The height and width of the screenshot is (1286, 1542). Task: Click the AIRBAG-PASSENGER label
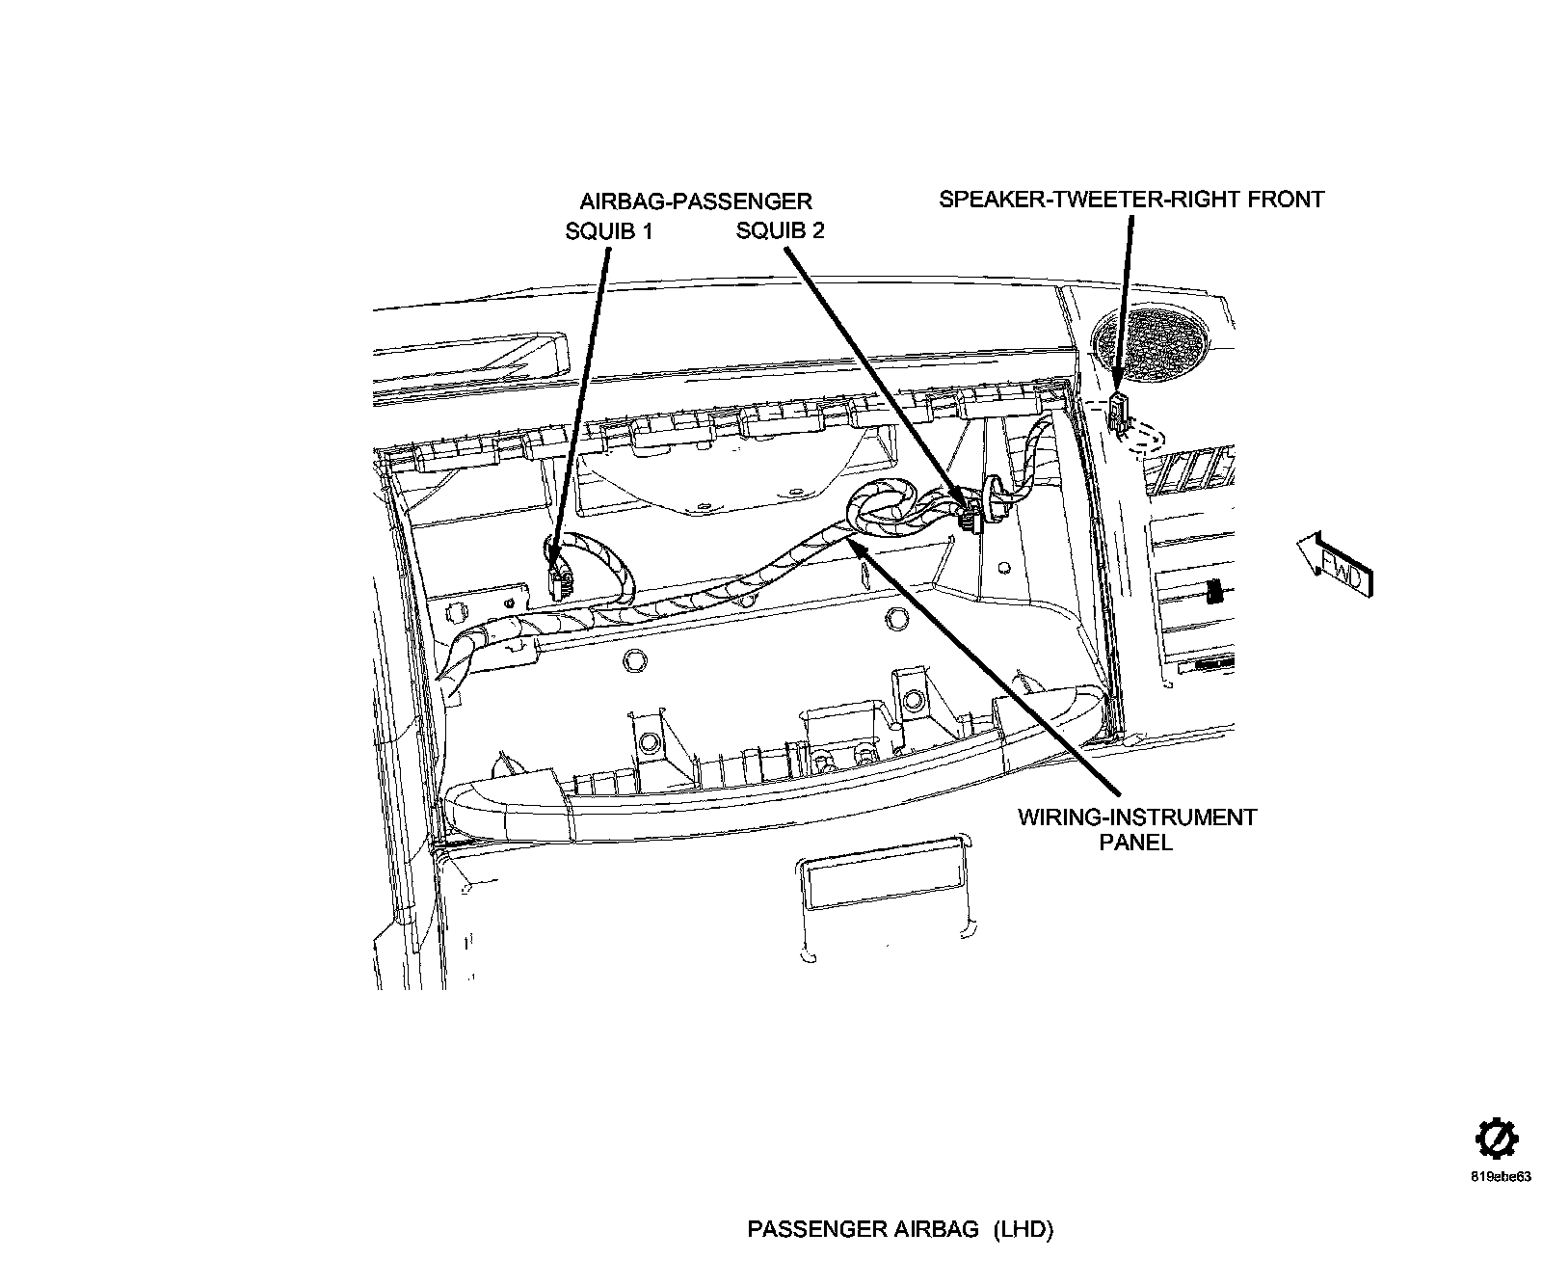pos(695,201)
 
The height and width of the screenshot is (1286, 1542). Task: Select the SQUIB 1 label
pos(609,231)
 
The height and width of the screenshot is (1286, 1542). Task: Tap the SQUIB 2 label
pos(780,231)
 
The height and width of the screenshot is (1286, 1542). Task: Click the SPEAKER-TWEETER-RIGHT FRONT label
pos(1131,200)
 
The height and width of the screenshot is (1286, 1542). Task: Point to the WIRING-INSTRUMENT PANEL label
pos(1137,829)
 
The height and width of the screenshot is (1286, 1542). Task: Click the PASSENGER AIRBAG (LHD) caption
pos(900,1230)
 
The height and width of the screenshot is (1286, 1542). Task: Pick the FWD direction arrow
pos(1336,567)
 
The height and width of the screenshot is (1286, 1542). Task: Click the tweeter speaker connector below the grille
pos(1119,411)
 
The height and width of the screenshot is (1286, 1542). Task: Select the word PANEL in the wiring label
pos(1137,842)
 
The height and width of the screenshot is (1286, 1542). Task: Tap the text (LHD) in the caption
pos(1024,1230)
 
